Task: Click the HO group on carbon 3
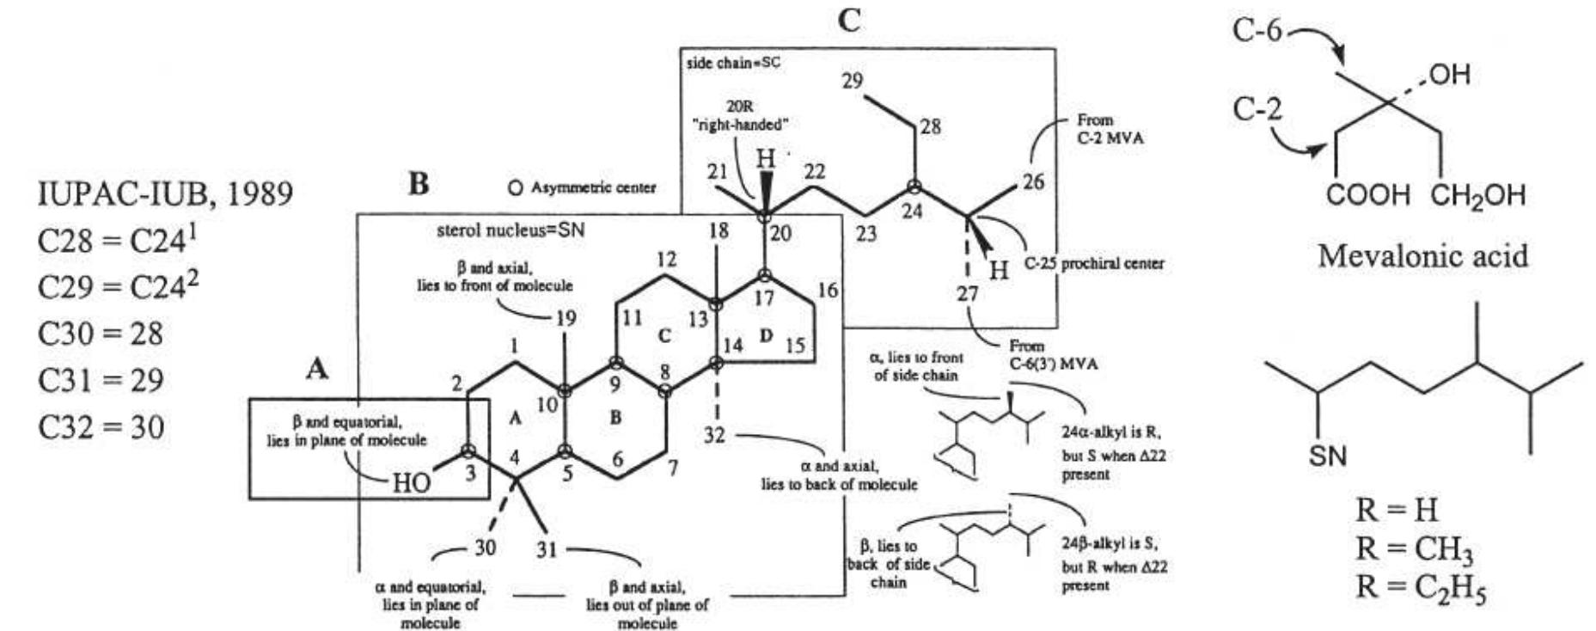(411, 482)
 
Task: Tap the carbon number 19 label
(565, 319)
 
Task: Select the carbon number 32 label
(714, 435)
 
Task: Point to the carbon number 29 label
(852, 82)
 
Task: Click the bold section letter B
(419, 184)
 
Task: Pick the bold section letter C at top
(848, 21)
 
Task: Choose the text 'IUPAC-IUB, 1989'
(165, 193)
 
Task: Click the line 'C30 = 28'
(100, 334)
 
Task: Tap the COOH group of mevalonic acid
(1368, 194)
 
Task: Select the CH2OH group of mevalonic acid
(1478, 195)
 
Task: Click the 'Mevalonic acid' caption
(1422, 255)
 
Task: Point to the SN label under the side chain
(1328, 456)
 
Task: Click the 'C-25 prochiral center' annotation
(1094, 263)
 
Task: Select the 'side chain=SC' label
(734, 64)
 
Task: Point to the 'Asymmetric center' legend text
(593, 187)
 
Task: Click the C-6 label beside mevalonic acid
(1257, 31)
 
